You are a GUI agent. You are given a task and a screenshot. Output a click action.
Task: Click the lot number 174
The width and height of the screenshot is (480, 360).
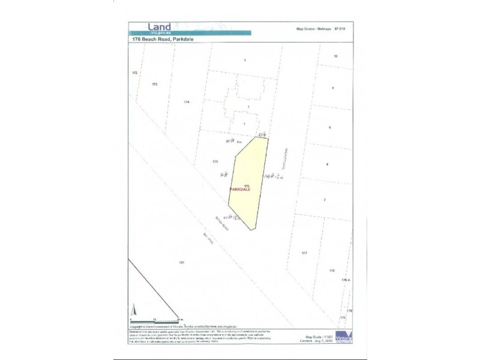(x=187, y=103)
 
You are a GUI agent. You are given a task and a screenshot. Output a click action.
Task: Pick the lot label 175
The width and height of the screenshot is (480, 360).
(x=215, y=162)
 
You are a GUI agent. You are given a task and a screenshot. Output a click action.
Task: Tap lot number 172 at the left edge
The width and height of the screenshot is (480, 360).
(x=134, y=73)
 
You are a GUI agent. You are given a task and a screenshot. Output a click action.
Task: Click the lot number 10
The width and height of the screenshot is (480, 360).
(x=336, y=56)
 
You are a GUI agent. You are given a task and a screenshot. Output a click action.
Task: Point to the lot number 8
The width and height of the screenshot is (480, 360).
(x=332, y=88)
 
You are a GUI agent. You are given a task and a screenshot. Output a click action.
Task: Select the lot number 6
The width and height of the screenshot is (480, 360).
(x=329, y=128)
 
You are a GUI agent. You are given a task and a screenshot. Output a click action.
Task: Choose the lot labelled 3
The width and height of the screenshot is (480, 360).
(x=245, y=61)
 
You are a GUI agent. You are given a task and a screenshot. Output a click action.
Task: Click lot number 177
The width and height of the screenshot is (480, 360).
(x=304, y=253)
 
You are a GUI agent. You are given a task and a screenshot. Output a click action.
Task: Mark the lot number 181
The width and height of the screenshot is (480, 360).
(x=181, y=263)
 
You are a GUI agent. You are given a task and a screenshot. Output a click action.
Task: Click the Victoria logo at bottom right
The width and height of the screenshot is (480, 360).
(x=344, y=336)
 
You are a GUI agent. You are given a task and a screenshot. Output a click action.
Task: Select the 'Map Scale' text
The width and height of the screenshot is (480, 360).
(x=314, y=337)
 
